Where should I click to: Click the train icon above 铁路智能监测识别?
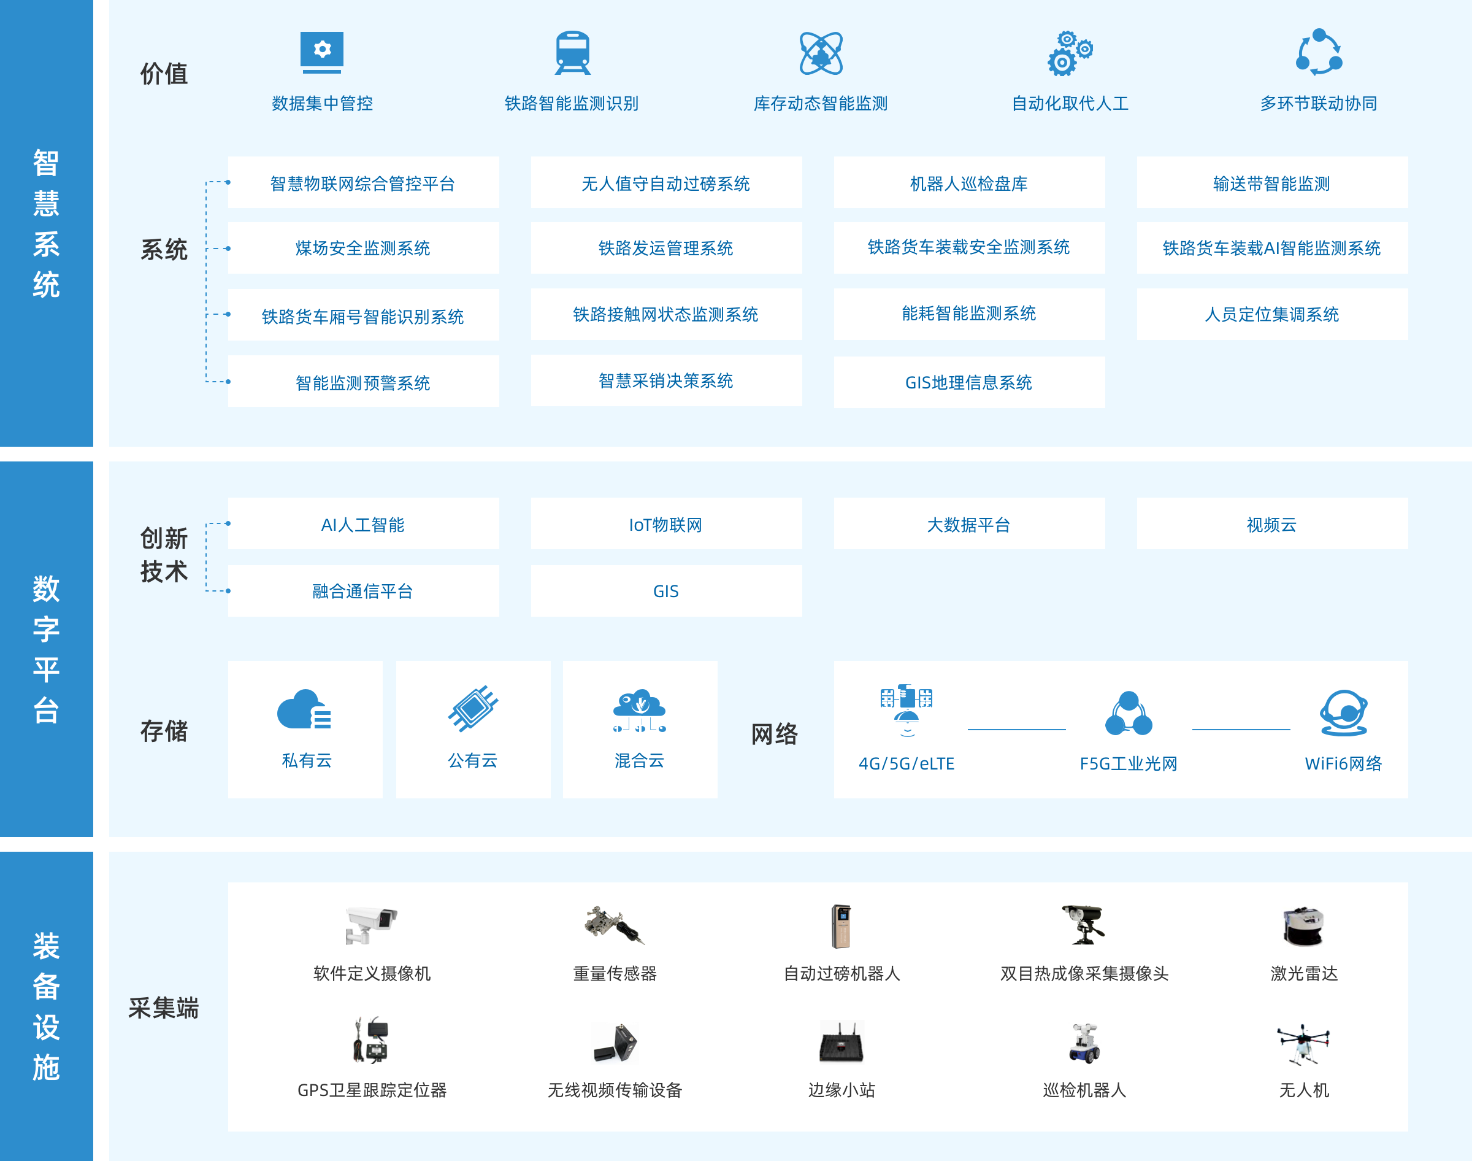[573, 52]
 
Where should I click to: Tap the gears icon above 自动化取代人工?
[1069, 53]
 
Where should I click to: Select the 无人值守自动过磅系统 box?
[665, 183]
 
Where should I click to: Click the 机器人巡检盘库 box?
[968, 183]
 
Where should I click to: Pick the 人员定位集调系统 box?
[1271, 314]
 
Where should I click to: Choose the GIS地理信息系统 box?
[968, 382]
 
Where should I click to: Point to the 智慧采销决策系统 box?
[665, 380]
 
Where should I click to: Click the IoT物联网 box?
[665, 524]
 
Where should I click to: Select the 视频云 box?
[1271, 524]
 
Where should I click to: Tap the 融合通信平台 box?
[362, 591]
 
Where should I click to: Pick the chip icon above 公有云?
[473, 708]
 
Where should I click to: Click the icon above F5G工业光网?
[1129, 714]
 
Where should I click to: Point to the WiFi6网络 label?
[1343, 763]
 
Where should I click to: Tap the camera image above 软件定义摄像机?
[371, 925]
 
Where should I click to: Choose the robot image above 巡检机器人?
[1084, 1043]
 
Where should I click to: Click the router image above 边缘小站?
[841, 1042]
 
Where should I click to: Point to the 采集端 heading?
[164, 1008]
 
